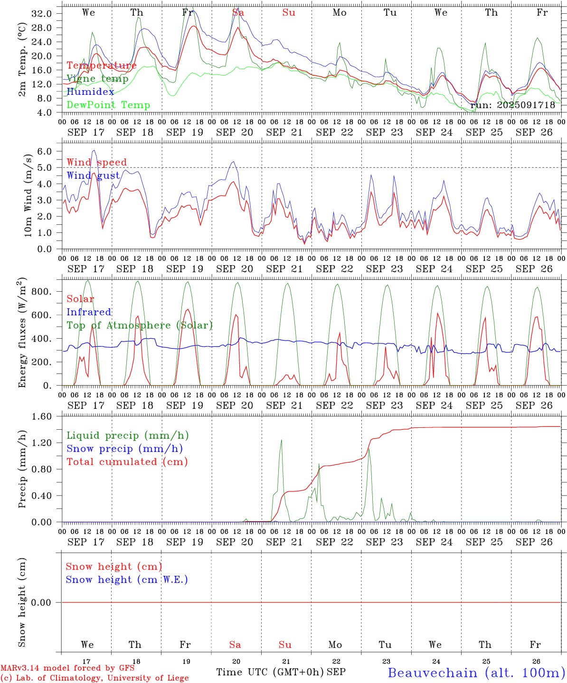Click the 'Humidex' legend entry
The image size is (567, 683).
coord(90,92)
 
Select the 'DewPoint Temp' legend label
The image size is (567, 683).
coord(108,105)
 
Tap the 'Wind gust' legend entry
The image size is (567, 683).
coord(93,176)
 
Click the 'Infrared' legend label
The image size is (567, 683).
coord(89,312)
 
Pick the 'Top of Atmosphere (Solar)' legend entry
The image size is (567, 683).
coord(140,325)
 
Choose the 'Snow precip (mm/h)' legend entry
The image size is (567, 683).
coord(124,449)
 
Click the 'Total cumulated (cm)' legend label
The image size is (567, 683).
coord(127,462)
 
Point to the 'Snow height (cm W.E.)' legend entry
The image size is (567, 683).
coord(127,580)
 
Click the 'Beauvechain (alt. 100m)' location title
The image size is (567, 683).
coord(476,673)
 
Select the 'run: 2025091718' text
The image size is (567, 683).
coord(512,105)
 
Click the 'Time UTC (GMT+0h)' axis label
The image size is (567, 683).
coord(270,672)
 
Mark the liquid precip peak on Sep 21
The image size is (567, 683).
coord(281,440)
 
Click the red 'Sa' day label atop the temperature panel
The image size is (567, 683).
coord(238,13)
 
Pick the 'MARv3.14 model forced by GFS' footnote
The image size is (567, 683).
coord(67,668)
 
